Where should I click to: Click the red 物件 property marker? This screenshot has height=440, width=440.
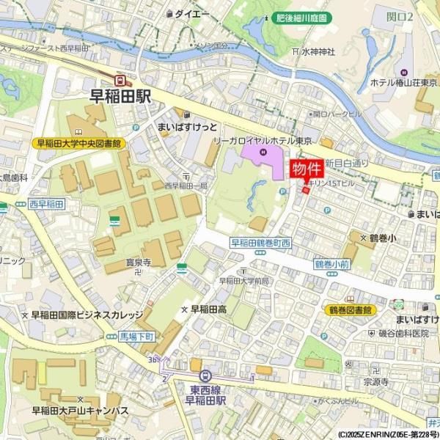pyautogui.click(x=307, y=169)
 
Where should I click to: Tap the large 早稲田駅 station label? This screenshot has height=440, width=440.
pyautogui.click(x=120, y=95)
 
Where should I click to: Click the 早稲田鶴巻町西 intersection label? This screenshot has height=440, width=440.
pyautogui.click(x=261, y=243)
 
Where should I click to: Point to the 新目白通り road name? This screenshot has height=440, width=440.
pyautogui.click(x=349, y=163)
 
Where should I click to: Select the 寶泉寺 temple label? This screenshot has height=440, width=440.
pyautogui.click(x=136, y=261)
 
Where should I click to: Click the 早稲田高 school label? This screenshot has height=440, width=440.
pyautogui.click(x=208, y=309)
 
